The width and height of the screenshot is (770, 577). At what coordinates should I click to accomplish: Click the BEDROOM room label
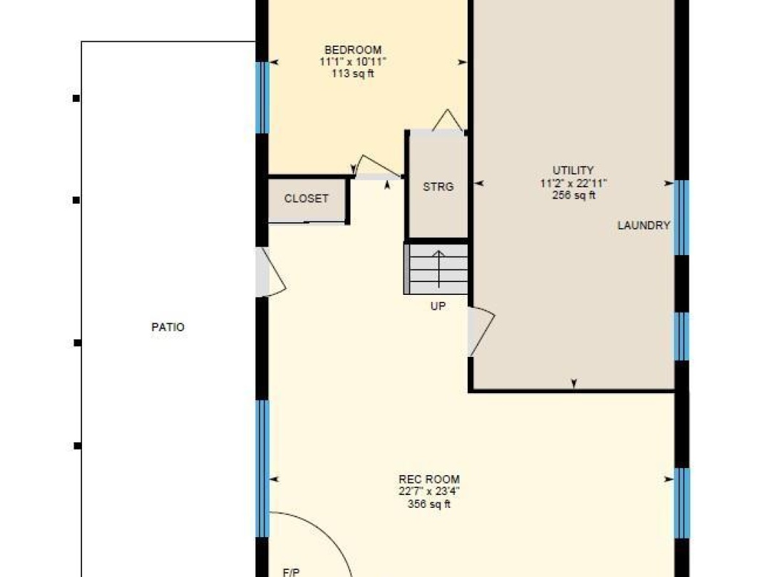point(353,50)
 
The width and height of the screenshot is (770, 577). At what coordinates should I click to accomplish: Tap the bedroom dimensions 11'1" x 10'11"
point(353,62)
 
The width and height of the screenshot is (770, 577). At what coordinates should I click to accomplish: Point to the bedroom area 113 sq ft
point(353,73)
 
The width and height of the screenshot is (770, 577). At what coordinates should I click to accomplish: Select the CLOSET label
point(306,198)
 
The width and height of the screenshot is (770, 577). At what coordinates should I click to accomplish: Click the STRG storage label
point(438,187)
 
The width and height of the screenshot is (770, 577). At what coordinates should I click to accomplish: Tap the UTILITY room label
point(573,170)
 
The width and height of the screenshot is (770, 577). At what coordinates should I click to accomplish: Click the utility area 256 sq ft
point(573,194)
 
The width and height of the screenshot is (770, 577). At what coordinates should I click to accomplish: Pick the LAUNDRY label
point(644,225)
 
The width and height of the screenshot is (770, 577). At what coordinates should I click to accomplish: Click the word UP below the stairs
point(438,306)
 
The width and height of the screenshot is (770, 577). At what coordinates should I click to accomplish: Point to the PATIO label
point(168,327)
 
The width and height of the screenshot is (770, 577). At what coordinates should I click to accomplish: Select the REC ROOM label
point(429,479)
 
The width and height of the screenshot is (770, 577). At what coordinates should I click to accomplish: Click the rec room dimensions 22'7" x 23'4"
point(429,491)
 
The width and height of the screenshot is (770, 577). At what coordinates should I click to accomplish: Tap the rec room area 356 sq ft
point(428,504)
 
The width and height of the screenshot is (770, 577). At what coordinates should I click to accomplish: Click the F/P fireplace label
point(291,572)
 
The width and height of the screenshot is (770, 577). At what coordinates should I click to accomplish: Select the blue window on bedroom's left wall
point(262,98)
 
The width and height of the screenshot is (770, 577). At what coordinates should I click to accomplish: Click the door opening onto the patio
point(269,272)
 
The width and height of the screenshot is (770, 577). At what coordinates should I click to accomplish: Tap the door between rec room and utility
point(481,331)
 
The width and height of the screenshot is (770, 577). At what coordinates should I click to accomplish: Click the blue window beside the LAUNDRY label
point(682,217)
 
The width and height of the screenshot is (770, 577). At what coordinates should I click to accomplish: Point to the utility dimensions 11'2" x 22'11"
point(573,183)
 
